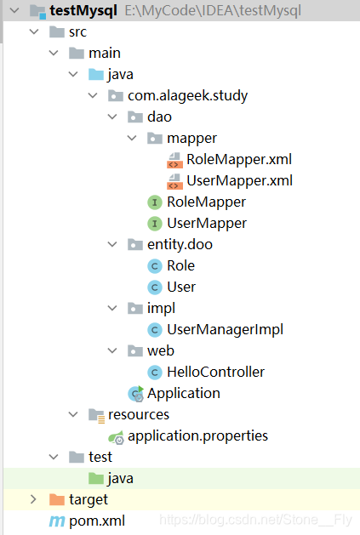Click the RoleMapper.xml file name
pyautogui.click(x=239, y=159)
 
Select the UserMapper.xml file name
pyautogui.click(x=239, y=180)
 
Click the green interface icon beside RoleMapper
pyautogui.click(x=154, y=202)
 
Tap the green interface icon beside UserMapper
pyautogui.click(x=154, y=224)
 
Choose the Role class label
pyautogui.click(x=180, y=265)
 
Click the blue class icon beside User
pyautogui.click(x=154, y=287)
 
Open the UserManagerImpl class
pyautogui.click(x=225, y=330)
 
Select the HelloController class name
pyautogui.click(x=215, y=372)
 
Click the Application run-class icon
pyautogui.click(x=135, y=394)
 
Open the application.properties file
pyautogui.click(x=197, y=435)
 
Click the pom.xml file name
pyautogui.click(x=97, y=521)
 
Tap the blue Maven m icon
pyautogui.click(x=57, y=521)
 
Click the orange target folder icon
pyautogui.click(x=57, y=499)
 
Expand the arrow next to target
pyautogui.click(x=33, y=499)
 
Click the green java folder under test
pyautogui.click(x=96, y=478)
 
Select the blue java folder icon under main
pyautogui.click(x=96, y=74)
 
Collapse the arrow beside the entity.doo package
pyautogui.click(x=112, y=244)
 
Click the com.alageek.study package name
pyautogui.click(x=187, y=96)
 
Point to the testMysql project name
pyautogui.click(x=83, y=10)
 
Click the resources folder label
pyautogui.click(x=139, y=414)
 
